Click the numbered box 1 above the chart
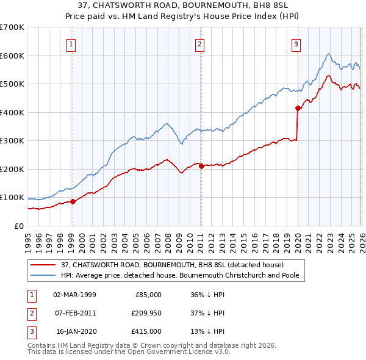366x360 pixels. (x=71, y=43)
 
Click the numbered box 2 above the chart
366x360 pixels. (x=200, y=43)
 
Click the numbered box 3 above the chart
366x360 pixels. (x=296, y=43)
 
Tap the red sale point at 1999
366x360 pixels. (x=73, y=201)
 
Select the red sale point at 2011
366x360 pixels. (x=201, y=166)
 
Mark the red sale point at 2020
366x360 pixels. (x=298, y=108)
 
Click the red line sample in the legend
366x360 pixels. (x=44, y=265)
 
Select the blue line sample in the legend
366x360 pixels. (x=44, y=275)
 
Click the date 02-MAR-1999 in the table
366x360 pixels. (x=74, y=294)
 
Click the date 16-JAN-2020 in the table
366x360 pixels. (x=74, y=331)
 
